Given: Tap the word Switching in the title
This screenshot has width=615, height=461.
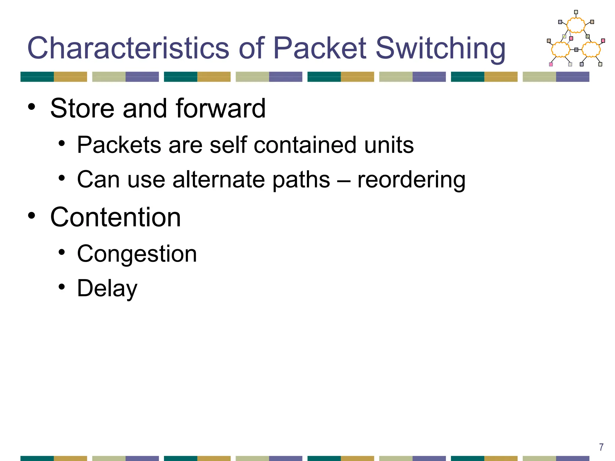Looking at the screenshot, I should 441,48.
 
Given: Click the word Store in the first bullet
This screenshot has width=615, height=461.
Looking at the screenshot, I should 82,108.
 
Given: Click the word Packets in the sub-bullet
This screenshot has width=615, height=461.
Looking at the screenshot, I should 119,145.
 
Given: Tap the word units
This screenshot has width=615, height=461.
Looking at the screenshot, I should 389,145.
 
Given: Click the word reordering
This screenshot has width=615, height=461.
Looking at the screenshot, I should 411,180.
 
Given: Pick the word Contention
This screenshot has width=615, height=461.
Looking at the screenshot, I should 116,217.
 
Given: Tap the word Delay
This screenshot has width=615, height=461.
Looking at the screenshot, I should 107,288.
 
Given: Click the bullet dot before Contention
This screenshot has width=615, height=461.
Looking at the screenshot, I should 32,216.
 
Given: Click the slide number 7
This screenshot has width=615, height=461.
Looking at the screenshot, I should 601,447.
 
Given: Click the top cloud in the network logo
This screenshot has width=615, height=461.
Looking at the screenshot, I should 576,25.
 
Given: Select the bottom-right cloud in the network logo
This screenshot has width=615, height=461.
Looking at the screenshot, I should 591,49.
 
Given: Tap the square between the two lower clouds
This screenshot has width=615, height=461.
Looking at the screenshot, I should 576,50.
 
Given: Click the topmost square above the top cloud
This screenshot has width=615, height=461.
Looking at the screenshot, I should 576,12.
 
